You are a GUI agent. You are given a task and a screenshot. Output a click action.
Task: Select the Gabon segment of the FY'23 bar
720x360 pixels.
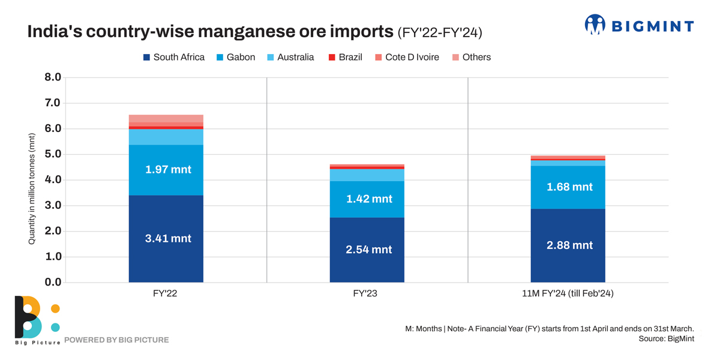(x=367, y=207)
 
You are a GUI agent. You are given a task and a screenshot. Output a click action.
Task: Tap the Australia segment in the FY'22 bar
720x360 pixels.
(x=166, y=137)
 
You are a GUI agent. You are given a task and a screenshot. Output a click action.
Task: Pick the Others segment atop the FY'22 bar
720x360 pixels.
(x=166, y=118)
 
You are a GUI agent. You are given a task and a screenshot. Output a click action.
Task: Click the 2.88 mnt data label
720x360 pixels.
(x=569, y=245)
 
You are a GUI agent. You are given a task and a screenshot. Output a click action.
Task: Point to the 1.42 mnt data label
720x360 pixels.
(x=369, y=199)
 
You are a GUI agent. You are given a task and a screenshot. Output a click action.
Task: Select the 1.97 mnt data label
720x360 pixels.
(x=168, y=170)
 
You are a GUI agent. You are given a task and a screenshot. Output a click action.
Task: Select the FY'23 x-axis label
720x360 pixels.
(x=365, y=294)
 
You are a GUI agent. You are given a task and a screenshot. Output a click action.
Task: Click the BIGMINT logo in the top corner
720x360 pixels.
(x=638, y=25)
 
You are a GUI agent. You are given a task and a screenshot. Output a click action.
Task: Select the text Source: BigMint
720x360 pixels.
(x=666, y=339)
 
